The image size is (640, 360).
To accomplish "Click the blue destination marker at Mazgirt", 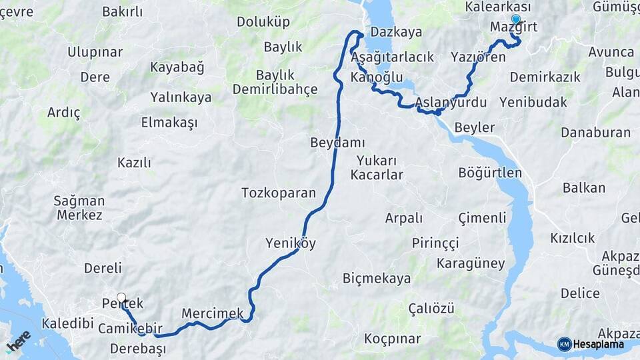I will [515, 20].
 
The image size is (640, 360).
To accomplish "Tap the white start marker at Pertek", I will [121, 298].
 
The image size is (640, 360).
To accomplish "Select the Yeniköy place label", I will [291, 243].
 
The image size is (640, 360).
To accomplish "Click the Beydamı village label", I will [337, 143].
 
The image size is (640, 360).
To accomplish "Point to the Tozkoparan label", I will [278, 193].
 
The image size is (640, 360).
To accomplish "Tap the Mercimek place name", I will [213, 313].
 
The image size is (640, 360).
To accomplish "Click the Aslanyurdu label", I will [451, 103].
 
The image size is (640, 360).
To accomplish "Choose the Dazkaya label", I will [396, 31].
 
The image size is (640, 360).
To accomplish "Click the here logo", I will [19, 341].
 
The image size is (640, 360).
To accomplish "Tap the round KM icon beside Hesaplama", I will [564, 344].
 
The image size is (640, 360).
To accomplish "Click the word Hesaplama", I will [598, 345].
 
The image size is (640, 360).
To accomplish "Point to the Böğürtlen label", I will [490, 173].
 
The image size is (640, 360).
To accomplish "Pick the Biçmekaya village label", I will [377, 278].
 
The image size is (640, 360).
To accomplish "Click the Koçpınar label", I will [392, 339].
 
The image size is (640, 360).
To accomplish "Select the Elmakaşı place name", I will [169, 122].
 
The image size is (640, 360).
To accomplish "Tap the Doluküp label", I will [263, 21].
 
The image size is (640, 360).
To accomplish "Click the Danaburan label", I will [595, 132].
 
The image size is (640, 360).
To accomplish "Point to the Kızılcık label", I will [572, 238].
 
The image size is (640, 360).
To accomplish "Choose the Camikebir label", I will [130, 329].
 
